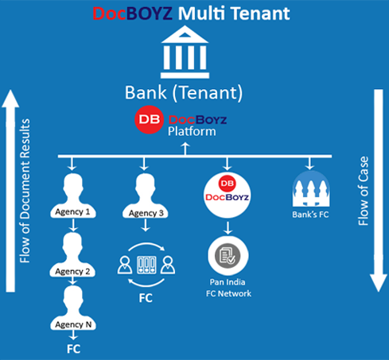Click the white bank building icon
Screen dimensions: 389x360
(x=185, y=52)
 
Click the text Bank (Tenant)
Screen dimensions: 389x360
(x=184, y=93)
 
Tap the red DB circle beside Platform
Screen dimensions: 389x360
(x=149, y=119)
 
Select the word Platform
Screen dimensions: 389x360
(x=192, y=131)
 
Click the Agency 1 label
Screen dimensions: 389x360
(x=72, y=212)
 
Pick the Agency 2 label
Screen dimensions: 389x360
(x=72, y=272)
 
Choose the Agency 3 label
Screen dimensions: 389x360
(x=146, y=213)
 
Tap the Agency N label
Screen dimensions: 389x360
(x=73, y=325)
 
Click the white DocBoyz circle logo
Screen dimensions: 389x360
(x=227, y=195)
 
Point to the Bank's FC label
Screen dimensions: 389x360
(x=310, y=215)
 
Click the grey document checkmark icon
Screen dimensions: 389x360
(x=228, y=256)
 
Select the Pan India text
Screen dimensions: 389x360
(x=228, y=282)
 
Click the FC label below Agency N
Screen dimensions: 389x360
(x=73, y=349)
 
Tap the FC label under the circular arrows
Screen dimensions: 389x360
(x=146, y=298)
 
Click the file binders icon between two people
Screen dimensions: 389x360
(x=146, y=265)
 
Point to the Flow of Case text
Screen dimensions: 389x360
(x=364, y=191)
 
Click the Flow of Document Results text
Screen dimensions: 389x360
(x=25, y=191)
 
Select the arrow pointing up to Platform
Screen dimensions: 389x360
(x=185, y=149)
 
